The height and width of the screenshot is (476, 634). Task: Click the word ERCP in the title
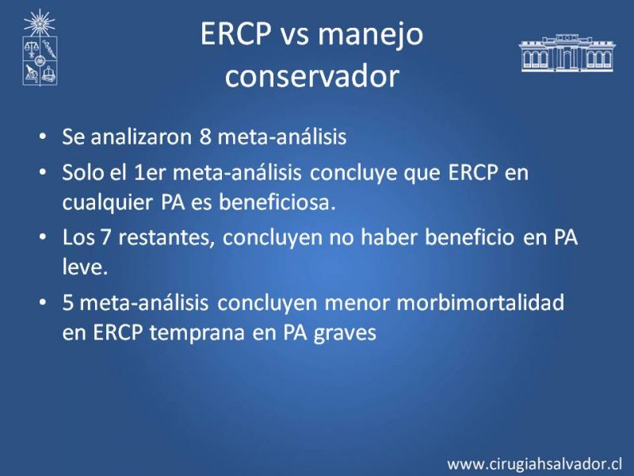[x=235, y=33]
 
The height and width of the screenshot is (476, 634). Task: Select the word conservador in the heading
[x=312, y=75]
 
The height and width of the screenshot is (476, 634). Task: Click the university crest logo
[x=39, y=48]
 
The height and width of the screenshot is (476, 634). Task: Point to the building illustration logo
[x=567, y=53]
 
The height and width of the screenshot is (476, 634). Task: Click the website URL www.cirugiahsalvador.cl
[x=534, y=463]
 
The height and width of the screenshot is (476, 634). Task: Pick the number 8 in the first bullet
[x=205, y=136]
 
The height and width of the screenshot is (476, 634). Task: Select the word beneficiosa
[x=277, y=202]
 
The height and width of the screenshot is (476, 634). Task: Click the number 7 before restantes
[x=105, y=237]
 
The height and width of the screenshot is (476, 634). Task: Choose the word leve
[x=86, y=267]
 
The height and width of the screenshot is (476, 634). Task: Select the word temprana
[x=197, y=333]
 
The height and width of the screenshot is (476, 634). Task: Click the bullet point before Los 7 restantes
[x=43, y=236]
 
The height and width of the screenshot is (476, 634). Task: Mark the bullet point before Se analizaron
[x=43, y=136]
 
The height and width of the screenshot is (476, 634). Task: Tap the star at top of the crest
[x=39, y=23]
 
